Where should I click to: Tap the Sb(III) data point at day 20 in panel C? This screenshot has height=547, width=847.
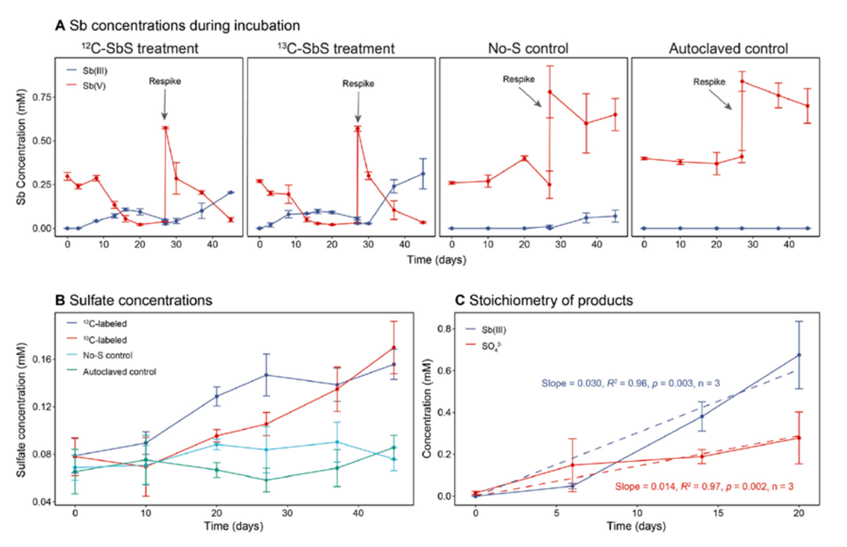(x=799, y=355)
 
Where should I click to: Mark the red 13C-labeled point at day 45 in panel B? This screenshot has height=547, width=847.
(x=394, y=348)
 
